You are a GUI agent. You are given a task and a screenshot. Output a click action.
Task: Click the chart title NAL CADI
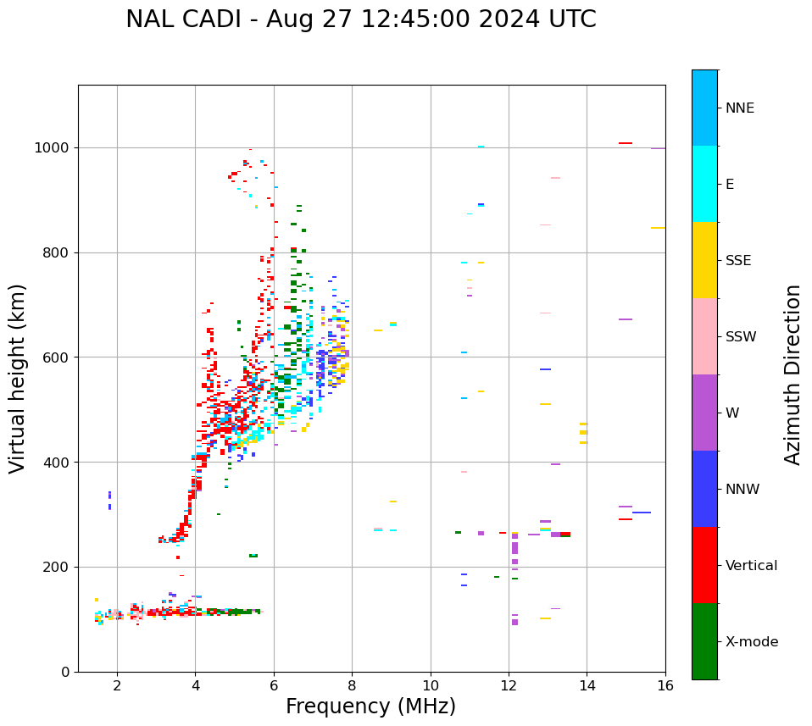(x=360, y=19)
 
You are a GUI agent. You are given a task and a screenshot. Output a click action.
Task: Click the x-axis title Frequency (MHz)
(x=370, y=707)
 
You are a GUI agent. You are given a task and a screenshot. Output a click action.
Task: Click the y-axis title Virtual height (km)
(x=18, y=378)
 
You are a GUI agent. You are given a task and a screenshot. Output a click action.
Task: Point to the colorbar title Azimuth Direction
(x=793, y=374)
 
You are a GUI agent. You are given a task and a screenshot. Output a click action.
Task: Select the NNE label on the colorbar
(x=739, y=108)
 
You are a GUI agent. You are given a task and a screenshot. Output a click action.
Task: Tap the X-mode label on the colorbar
(x=751, y=642)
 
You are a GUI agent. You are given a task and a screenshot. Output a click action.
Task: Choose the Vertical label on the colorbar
(x=751, y=566)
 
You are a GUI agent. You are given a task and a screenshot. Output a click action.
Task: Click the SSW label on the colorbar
(x=741, y=337)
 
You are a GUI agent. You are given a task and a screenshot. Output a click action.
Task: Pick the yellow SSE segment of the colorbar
(x=704, y=259)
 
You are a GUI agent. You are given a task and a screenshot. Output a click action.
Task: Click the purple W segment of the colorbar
(x=704, y=412)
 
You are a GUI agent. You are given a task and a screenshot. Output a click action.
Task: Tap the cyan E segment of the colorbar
(x=704, y=183)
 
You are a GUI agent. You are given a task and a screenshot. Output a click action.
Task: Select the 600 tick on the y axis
(x=58, y=357)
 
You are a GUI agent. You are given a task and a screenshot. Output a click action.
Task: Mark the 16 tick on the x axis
(x=665, y=685)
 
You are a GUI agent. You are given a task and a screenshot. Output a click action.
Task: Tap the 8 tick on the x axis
(x=352, y=685)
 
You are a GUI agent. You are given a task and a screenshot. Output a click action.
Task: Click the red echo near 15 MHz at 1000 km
(x=626, y=143)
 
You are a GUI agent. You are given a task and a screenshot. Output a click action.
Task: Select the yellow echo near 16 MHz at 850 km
(x=658, y=228)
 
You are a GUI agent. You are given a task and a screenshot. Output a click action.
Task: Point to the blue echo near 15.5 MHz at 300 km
(x=642, y=513)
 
